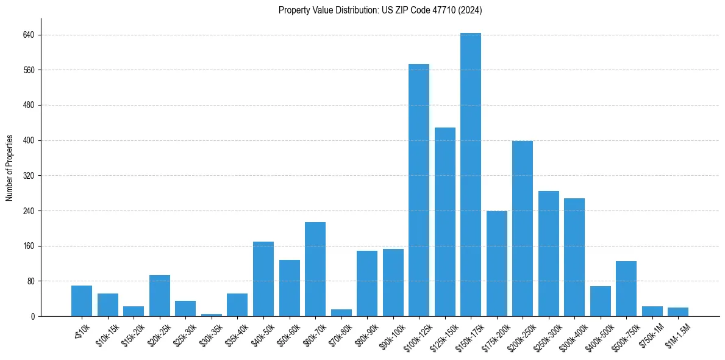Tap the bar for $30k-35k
(212, 315)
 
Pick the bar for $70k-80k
(341, 313)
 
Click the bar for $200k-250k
(523, 229)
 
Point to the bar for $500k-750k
(626, 289)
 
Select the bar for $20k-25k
(160, 296)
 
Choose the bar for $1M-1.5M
(678, 312)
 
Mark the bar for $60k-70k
(315, 269)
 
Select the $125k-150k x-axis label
(444, 334)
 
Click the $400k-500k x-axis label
(599, 334)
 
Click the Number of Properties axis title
(10, 168)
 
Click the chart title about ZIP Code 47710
(380, 10)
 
